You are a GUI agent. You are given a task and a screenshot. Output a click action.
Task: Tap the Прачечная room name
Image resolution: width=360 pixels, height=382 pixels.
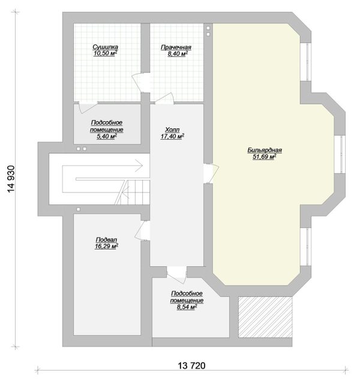click(176, 47)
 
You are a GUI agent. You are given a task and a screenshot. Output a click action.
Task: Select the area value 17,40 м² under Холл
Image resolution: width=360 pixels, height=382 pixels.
click(172, 137)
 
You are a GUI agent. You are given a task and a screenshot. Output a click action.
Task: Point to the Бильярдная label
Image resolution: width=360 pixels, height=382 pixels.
click(265, 150)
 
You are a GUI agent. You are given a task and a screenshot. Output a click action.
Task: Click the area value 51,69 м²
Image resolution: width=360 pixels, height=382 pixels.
click(265, 157)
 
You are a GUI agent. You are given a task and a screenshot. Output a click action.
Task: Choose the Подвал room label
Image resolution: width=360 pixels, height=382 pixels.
click(107, 240)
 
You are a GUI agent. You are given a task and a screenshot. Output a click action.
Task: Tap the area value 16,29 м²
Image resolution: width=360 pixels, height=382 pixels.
click(107, 246)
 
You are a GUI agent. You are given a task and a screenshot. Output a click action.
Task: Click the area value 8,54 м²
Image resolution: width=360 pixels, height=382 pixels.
click(187, 307)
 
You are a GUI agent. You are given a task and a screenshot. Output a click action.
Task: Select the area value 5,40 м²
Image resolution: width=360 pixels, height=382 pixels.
click(107, 136)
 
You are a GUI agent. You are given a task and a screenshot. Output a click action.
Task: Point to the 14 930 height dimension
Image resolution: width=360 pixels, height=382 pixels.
click(11, 179)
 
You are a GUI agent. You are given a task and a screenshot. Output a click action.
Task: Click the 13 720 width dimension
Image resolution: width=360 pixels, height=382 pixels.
click(192, 365)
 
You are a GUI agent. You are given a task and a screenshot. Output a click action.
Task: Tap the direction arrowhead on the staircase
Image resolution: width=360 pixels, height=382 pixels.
click(139, 166)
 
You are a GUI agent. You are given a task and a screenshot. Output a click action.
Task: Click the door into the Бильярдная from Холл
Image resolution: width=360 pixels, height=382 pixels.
click(211, 173)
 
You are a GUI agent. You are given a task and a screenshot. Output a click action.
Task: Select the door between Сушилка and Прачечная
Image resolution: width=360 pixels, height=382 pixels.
click(141, 82)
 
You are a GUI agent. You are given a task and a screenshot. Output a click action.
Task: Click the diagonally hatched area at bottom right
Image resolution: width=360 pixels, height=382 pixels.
click(265, 317)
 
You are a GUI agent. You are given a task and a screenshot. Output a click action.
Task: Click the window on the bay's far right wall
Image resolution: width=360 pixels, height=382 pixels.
click(340, 154)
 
